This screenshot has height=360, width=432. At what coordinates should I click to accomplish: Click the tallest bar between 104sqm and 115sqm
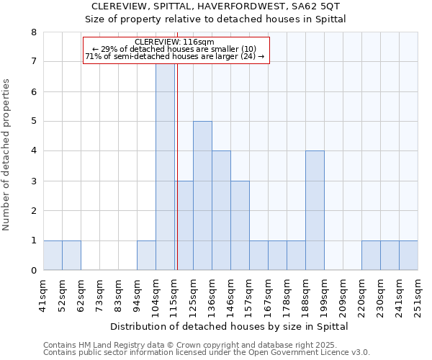point(165,166)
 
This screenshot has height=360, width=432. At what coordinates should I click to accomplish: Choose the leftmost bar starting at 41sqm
point(53,256)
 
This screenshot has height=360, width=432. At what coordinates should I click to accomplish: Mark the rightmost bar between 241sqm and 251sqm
point(408,256)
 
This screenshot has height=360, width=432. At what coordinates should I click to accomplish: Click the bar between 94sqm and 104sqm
point(146,256)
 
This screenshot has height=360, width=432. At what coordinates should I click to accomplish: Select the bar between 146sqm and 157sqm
point(240,225)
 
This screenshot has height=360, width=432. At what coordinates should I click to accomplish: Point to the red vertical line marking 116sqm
point(176,180)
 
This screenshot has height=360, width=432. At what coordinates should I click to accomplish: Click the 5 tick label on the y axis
point(33,122)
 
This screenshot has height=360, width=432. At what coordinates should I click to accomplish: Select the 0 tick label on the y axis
point(33,271)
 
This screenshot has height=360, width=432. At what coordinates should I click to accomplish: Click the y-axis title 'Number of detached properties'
point(7,155)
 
